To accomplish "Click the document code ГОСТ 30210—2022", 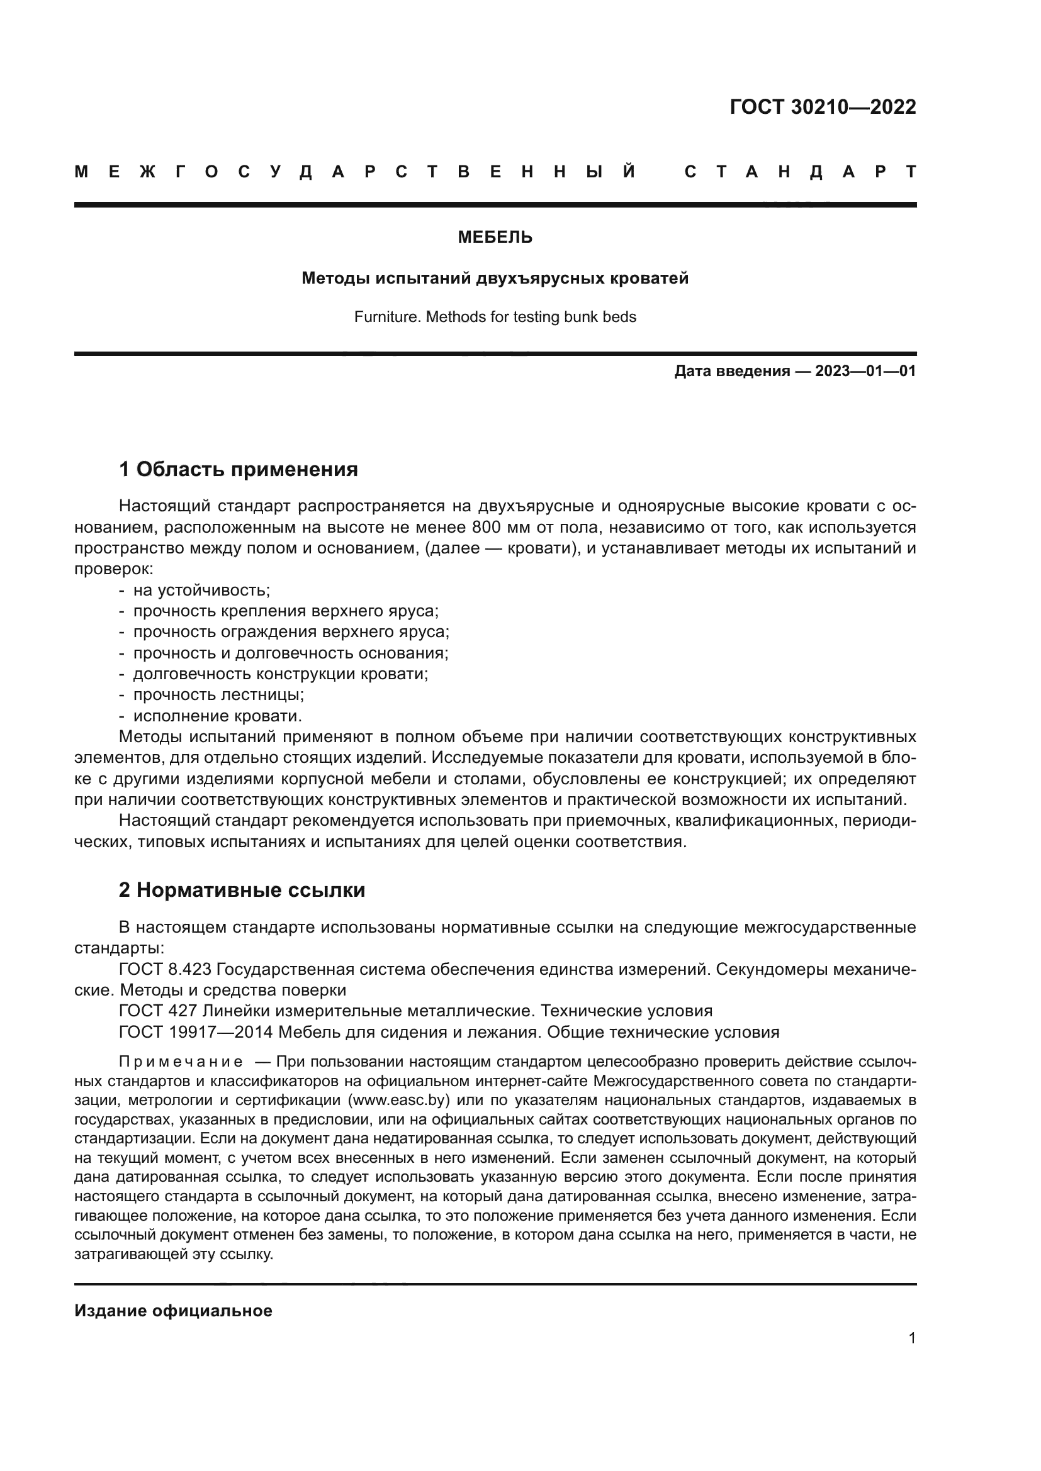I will [823, 107].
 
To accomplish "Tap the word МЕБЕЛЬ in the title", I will [495, 238].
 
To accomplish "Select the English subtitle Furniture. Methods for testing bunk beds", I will [495, 317].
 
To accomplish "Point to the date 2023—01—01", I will [865, 372].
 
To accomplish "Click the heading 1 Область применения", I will [239, 470].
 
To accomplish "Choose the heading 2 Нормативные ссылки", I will [242, 891].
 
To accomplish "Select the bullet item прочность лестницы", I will [218, 694].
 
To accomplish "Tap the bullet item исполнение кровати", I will [217, 716].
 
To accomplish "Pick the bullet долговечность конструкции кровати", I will [280, 674].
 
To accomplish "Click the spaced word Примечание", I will [181, 1062].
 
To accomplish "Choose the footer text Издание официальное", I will [173, 1311].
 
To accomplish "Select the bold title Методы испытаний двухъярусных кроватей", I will [495, 279].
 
